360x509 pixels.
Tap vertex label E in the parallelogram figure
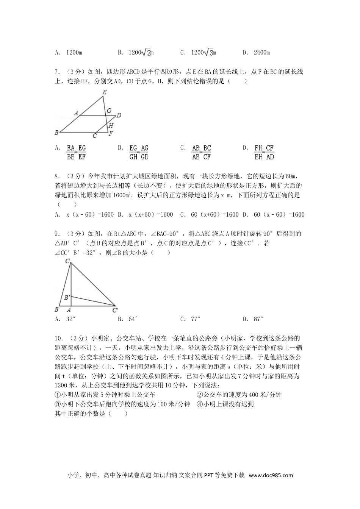point(104,92)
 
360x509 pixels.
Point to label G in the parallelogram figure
point(109,111)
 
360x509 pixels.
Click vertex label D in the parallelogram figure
point(119,115)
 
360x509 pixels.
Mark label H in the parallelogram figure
point(111,125)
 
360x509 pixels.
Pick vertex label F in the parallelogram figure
point(111,134)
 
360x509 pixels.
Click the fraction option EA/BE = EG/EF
point(76,152)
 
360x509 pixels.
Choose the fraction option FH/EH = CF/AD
point(264,152)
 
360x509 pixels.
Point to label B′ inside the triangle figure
point(67,298)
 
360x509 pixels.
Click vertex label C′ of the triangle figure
point(115,311)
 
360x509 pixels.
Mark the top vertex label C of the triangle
point(67,261)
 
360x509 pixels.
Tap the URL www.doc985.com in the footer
point(271,476)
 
